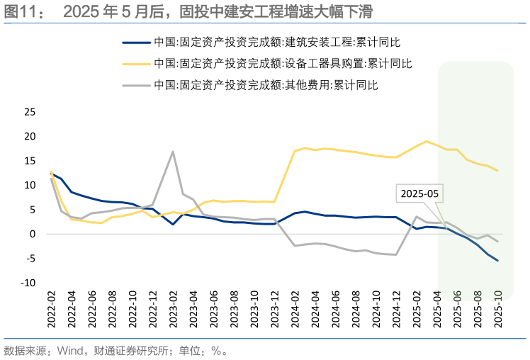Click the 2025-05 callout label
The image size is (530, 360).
tap(418, 193)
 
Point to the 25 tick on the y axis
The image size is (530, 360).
tap(30, 112)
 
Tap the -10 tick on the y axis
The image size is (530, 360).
tap(28, 283)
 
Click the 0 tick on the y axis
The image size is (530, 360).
tap(33, 234)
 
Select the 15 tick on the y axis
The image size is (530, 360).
tap(30, 161)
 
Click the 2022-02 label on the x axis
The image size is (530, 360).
tap(51, 309)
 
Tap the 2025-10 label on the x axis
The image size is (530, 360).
tap(497, 309)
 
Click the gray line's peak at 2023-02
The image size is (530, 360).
tap(174, 151)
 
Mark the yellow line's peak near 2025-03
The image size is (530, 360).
tap(427, 141)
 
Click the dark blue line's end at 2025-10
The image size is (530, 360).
tap(497, 260)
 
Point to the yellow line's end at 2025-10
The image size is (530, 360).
tap(497, 171)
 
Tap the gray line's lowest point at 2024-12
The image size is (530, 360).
tap(396, 254)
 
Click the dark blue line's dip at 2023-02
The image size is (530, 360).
tap(174, 224)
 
